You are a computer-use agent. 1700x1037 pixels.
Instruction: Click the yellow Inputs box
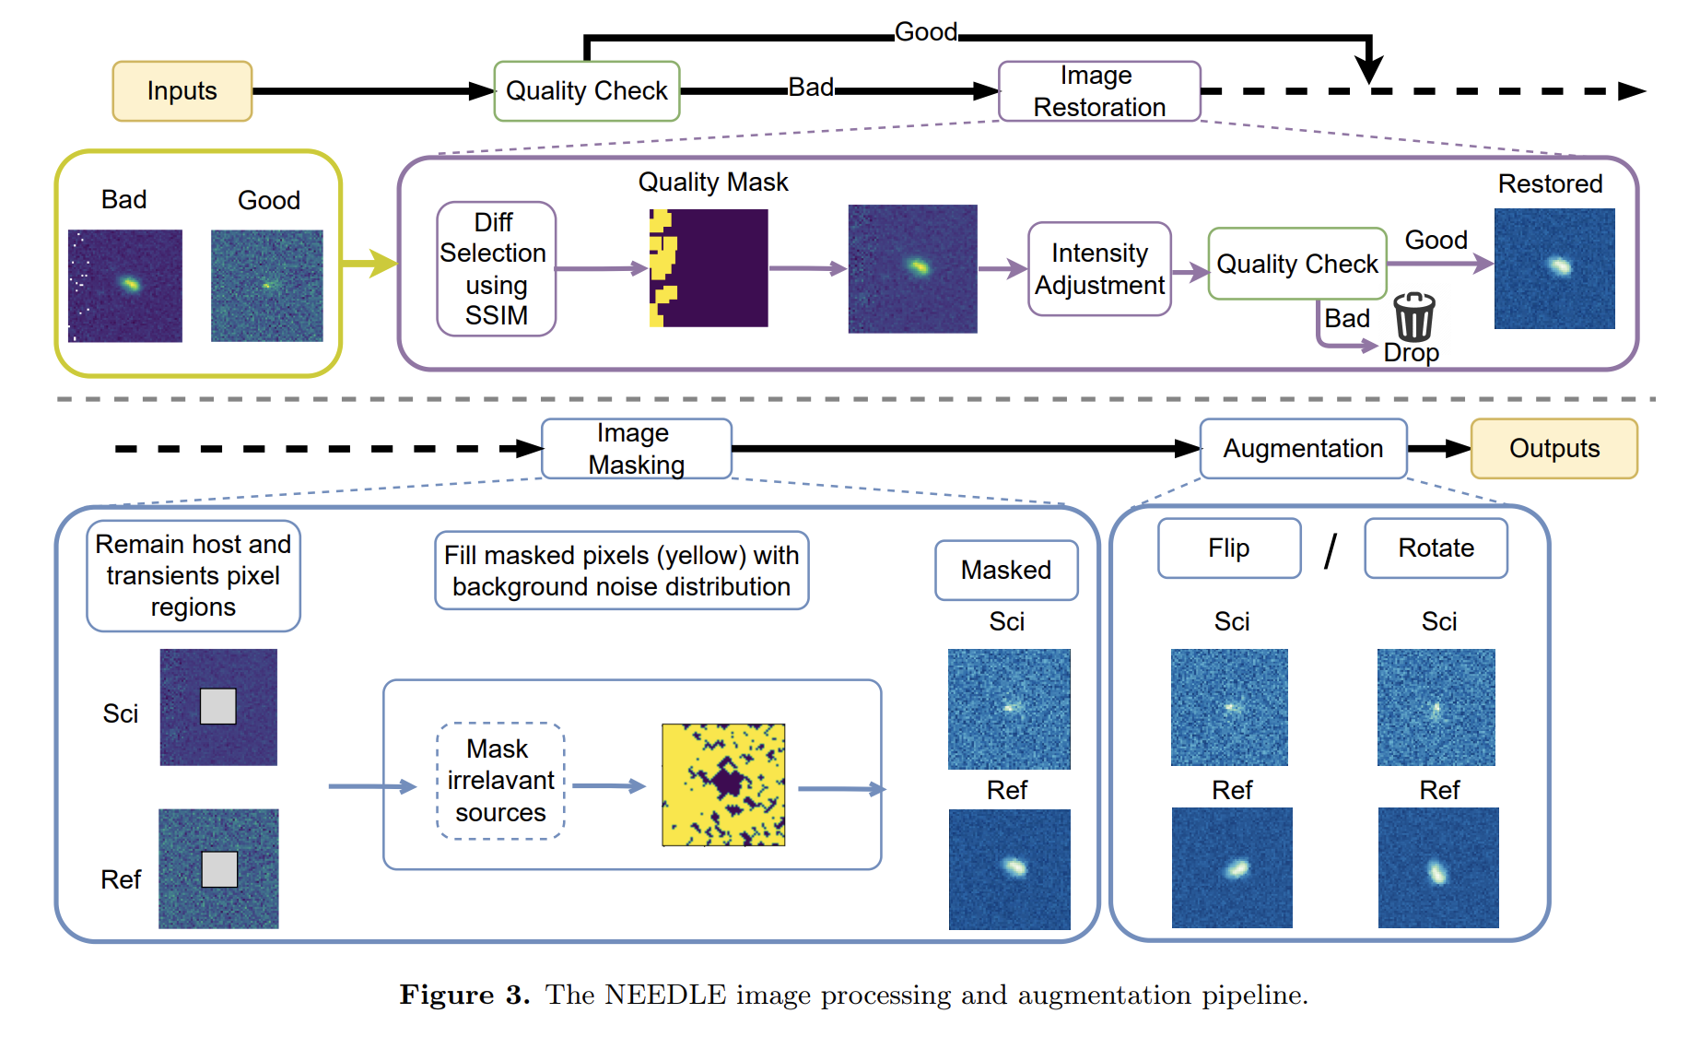182,91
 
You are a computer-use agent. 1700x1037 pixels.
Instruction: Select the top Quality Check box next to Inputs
586,91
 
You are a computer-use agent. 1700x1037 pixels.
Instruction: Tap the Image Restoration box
1098,91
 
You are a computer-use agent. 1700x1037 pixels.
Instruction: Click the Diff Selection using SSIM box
496,268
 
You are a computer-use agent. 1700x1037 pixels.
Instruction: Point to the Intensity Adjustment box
1099,268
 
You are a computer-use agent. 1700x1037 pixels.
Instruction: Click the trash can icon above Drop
1413,317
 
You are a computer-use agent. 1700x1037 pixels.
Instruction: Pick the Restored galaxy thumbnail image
1553,268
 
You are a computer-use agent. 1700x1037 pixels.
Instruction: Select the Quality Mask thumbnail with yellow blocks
708,268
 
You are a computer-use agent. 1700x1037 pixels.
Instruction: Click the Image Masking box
636,449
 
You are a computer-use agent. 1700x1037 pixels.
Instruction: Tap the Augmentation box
1303,449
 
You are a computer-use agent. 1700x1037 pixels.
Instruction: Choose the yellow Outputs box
1553,449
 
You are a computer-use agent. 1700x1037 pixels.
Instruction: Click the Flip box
1229,548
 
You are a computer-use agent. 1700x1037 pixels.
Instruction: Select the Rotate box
1436,548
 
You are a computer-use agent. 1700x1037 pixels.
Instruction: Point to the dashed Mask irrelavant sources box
500,781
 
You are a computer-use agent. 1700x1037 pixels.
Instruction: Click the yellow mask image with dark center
723,784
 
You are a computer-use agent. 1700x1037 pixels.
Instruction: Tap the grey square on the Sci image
218,706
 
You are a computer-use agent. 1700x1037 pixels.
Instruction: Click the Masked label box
1006,571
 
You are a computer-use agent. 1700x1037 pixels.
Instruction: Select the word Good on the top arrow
926,32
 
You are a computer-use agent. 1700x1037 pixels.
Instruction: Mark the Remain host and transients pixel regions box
193,576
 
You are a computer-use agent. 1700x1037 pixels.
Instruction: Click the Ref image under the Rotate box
1437,867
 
